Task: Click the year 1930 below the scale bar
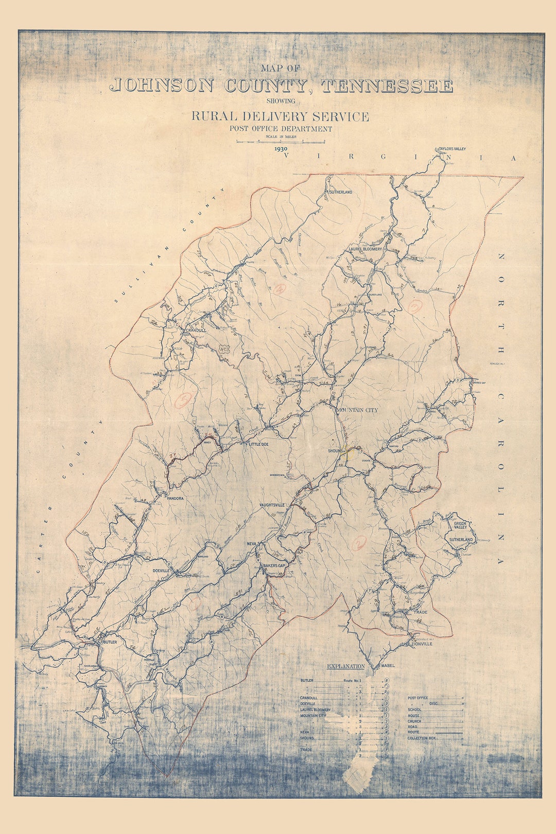coord(281,148)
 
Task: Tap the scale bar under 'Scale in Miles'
coord(281,141)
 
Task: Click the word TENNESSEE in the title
coord(387,86)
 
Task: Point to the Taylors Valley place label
coord(451,149)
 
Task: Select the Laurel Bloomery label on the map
coord(366,249)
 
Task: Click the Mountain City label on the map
coord(357,410)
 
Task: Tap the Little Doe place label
coord(259,444)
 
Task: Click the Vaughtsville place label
coord(272,506)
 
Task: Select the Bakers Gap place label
coord(274,565)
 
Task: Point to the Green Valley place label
coord(460,525)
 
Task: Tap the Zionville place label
coord(422,644)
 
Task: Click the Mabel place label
coord(388,666)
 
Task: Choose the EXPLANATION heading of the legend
coord(345,667)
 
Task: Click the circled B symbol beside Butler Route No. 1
coord(386,681)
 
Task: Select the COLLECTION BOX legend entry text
coord(422,738)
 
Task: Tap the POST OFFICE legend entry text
coord(418,698)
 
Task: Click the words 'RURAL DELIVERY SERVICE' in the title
coord(281,116)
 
